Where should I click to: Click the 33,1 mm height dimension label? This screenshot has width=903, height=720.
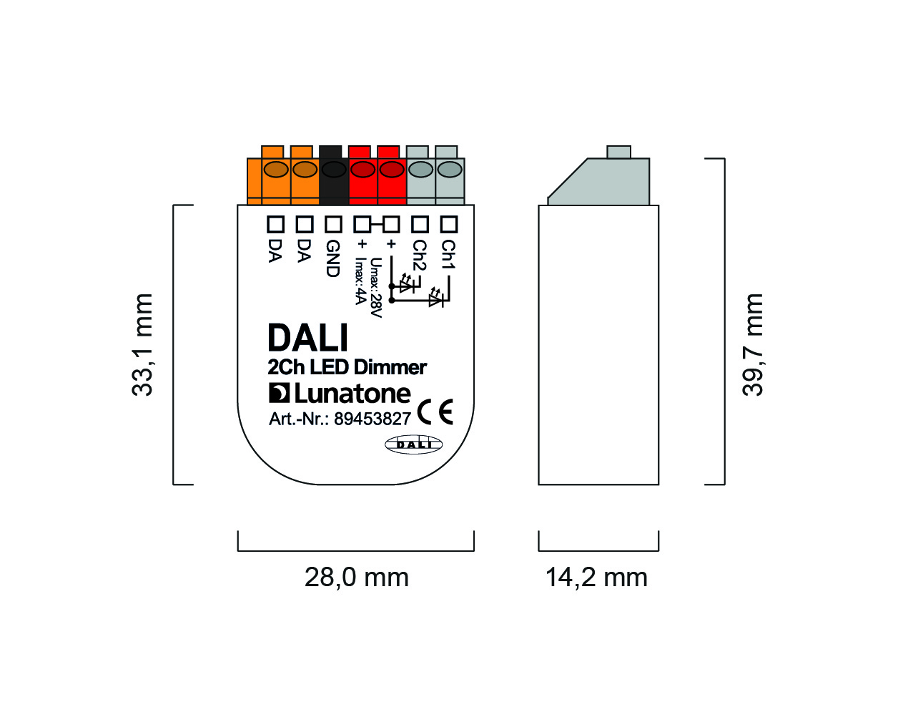pos(142,344)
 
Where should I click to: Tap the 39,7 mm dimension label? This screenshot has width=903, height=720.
pos(752,344)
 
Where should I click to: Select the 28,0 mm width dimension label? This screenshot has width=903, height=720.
pos(356,578)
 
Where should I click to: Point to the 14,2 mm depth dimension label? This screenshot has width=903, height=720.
pos(596,578)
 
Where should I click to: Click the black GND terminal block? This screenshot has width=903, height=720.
pos(334,175)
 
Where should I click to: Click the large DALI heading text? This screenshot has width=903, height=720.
pos(307,338)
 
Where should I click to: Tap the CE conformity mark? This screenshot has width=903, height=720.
pos(435,412)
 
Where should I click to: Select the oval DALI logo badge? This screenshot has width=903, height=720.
pos(414,444)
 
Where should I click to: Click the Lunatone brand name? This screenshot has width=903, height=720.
pos(352,394)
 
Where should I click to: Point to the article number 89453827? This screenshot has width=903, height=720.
pos(372,419)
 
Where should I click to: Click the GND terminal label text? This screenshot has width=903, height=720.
pos(332,258)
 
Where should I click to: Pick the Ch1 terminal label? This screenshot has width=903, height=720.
pos(448,254)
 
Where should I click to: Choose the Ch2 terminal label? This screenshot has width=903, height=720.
pos(420,256)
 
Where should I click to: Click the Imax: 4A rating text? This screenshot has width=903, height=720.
pos(360,281)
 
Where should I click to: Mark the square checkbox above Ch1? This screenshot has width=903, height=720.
pos(448,224)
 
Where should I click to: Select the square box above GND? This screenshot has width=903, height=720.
pos(333,224)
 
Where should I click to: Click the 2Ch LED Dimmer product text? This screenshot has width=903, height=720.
pos(347,368)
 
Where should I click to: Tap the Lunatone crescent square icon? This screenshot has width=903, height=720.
pos(279,393)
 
